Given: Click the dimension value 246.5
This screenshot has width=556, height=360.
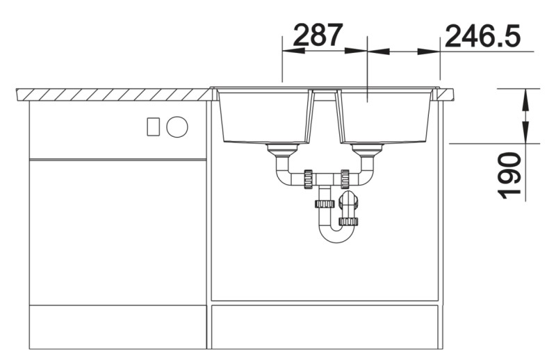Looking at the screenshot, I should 483,35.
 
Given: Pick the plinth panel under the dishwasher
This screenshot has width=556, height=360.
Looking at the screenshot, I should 118,327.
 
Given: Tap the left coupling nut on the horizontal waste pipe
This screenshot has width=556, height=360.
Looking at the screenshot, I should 306,178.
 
